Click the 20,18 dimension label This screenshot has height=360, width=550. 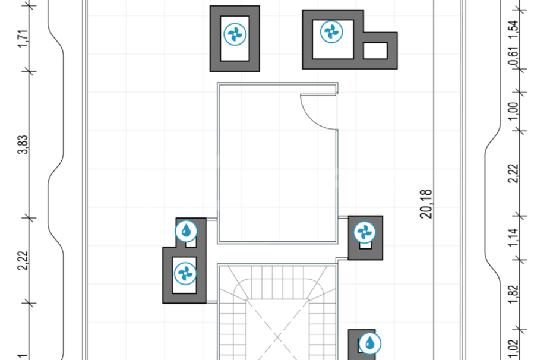pyautogui.click(x=426, y=204)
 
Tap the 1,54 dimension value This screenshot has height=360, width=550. pyautogui.click(x=513, y=30)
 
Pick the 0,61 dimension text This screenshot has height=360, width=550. pyautogui.click(x=513, y=56)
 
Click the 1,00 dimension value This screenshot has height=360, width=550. pyautogui.click(x=513, y=111)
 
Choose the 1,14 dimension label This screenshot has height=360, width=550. pyautogui.click(x=513, y=238)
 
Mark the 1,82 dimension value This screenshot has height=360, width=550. pyautogui.click(x=513, y=295)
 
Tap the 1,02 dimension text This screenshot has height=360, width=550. pyautogui.click(x=513, y=349)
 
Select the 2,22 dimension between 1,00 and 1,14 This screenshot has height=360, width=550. pyautogui.click(x=513, y=173)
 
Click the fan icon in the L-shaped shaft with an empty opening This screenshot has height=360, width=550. pyautogui.click(x=331, y=32)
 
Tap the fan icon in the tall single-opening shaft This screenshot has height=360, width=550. pyautogui.click(x=235, y=34)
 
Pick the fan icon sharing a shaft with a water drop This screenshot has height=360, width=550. pyautogui.click(x=185, y=274)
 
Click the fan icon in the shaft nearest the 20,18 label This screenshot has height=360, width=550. pyautogui.click(x=365, y=232)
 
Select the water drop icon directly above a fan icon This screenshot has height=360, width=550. pyautogui.click(x=187, y=231)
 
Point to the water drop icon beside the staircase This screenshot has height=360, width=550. pyautogui.click(x=369, y=343)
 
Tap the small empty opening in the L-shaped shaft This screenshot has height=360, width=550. pyautogui.click(x=375, y=51)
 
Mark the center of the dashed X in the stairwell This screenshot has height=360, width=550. pyautogui.click(x=277, y=338)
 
